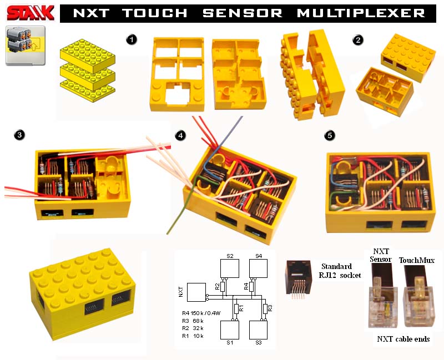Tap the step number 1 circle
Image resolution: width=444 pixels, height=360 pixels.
pos(131,39)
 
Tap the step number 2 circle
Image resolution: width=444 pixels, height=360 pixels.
pos(359,39)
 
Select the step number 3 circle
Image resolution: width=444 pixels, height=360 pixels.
pos(19,135)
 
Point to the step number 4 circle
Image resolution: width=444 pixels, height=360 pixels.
pos(179,135)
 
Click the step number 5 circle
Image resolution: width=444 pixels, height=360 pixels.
pos(330,135)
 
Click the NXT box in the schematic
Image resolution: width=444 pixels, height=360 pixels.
pos(196,292)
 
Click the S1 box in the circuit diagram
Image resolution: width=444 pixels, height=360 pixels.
pos(229,331)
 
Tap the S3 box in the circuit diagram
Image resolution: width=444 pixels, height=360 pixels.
pos(258,331)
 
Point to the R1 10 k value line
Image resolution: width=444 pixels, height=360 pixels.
pos(193,336)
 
